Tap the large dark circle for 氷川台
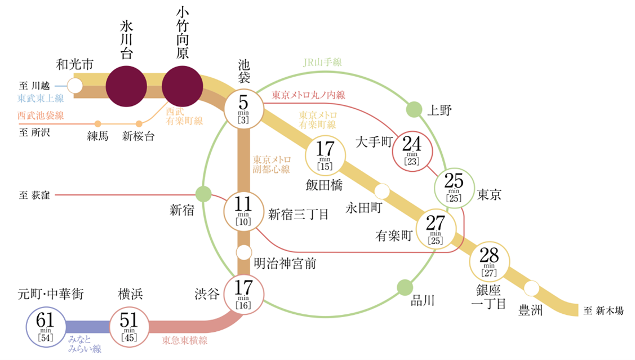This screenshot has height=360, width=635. coord(126,86)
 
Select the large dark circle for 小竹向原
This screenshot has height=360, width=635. coord(181,86)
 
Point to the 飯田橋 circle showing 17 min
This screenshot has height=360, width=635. coord(326,156)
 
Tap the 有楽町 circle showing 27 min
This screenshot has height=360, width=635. coord(435,229)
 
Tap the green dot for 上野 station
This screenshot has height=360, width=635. coord(414,109)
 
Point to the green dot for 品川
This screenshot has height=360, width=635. coord(405,288)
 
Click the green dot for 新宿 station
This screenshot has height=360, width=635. coord(203,194)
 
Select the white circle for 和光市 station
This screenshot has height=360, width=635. coord(74,86)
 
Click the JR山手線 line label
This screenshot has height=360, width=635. coord(323,63)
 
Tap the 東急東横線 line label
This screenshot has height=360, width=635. coord(185,340)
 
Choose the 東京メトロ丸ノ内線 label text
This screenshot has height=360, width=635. coord(308,95)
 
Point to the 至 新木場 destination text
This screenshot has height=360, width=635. coord(603,310)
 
